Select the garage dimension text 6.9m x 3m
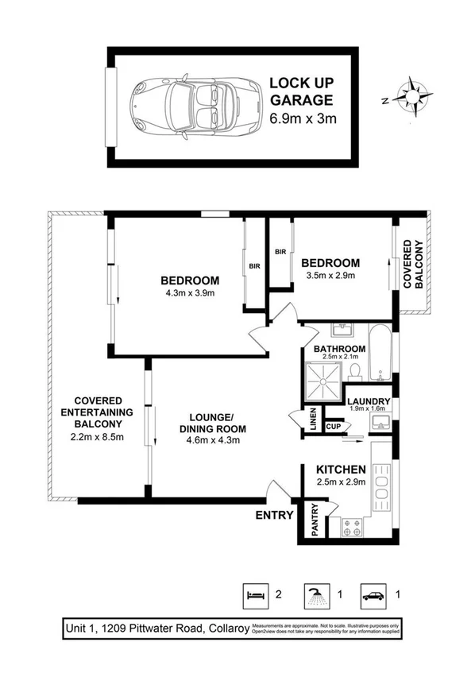[305, 120]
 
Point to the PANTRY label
[314, 520]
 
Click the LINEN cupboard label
[312, 421]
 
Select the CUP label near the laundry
[334, 427]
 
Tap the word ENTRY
[272, 515]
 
